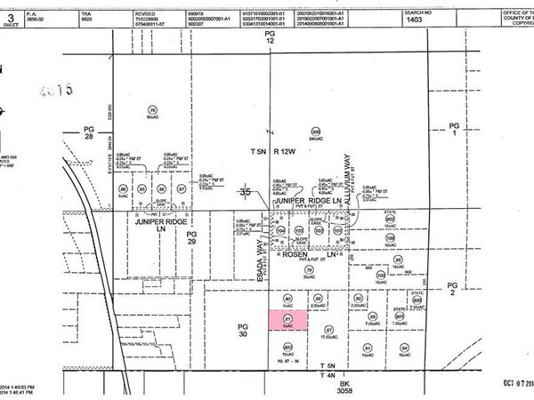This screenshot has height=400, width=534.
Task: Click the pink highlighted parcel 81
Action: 287,322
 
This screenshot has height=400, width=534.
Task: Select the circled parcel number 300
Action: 315,132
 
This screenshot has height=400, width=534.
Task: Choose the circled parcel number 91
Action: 367,348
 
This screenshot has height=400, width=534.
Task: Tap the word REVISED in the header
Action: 145,14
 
